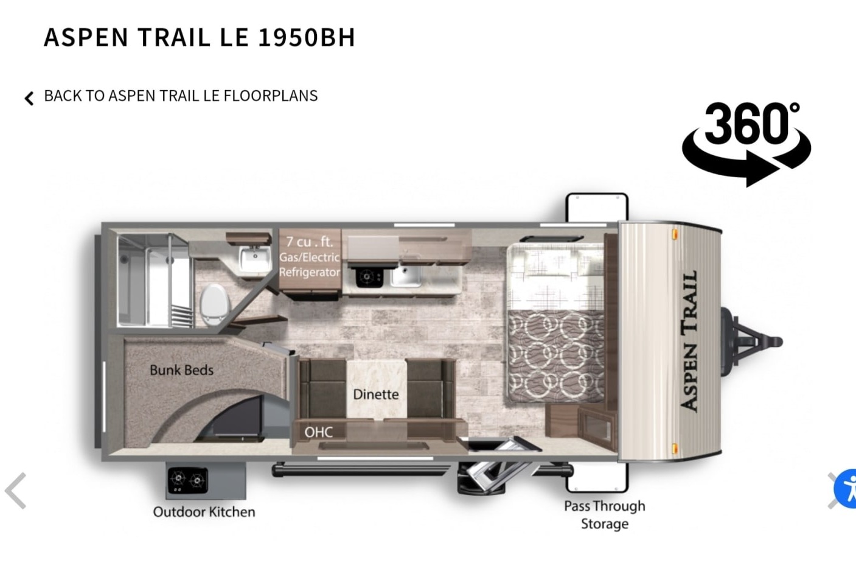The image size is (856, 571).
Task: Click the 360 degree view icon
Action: click(x=746, y=144)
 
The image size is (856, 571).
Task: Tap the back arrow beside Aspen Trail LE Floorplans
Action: click(x=29, y=98)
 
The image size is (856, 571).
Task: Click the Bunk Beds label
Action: click(x=181, y=370)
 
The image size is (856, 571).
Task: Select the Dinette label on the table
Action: click(x=375, y=394)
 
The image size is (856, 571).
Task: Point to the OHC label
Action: click(x=318, y=432)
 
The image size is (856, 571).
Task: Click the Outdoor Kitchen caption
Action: click(x=204, y=512)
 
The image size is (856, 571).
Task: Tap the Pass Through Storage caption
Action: click(x=605, y=515)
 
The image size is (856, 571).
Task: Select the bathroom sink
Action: click(x=254, y=259)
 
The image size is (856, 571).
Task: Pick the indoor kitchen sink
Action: click(x=406, y=276)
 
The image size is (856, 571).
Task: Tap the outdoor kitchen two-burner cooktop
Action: click(x=187, y=480)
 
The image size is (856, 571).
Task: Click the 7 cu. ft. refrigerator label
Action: click(x=310, y=257)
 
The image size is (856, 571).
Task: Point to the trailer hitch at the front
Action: click(x=751, y=341)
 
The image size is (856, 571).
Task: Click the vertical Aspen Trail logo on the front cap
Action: click(x=690, y=341)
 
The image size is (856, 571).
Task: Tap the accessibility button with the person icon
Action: click(x=846, y=489)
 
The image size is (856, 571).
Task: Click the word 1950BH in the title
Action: click(x=307, y=38)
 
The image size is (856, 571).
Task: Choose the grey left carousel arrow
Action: click(x=16, y=491)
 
